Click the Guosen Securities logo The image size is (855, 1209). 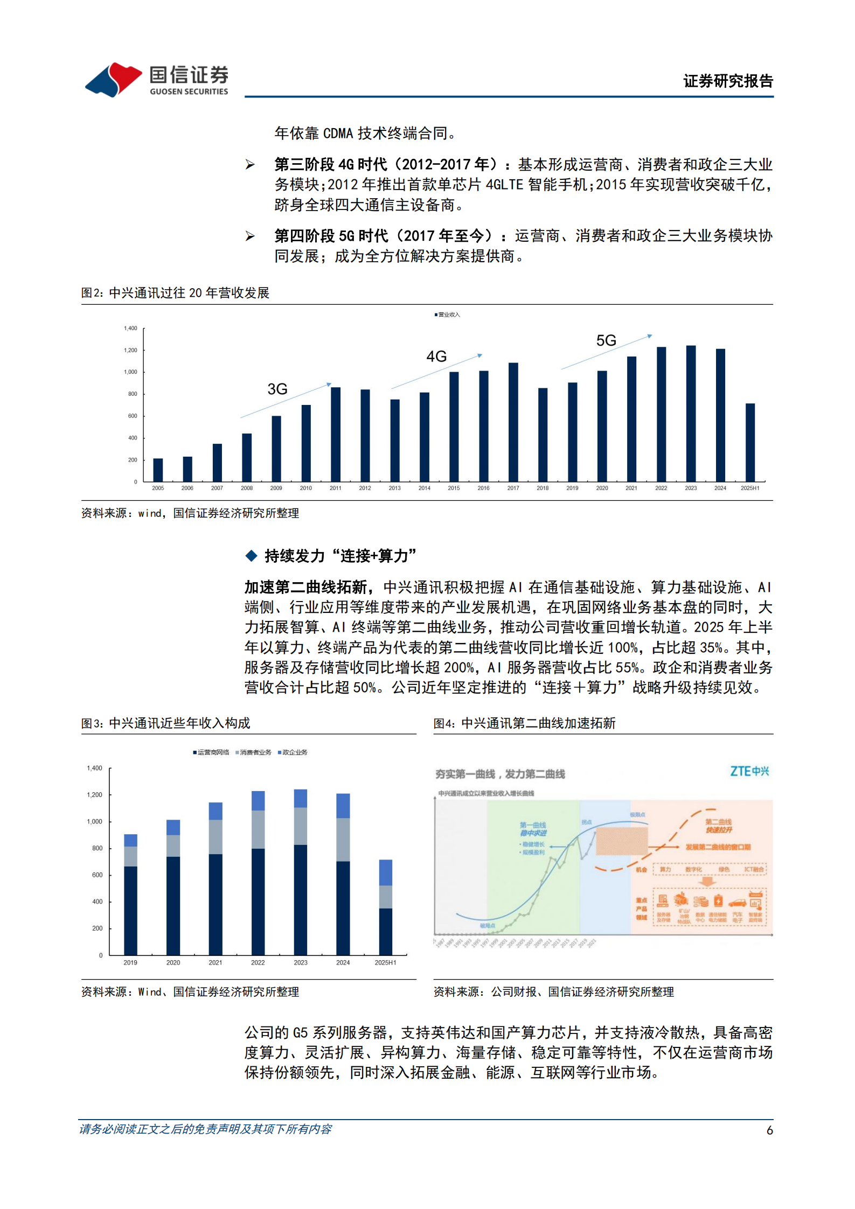(156, 80)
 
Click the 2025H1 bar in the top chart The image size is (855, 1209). (750, 442)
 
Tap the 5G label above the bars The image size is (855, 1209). (606, 340)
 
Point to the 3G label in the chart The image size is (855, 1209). (277, 389)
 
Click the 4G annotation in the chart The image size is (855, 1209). (436, 356)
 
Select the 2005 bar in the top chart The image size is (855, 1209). (158, 470)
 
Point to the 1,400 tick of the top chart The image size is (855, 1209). (130, 328)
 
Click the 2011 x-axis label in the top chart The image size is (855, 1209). (335, 488)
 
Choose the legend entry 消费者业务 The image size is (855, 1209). (254, 752)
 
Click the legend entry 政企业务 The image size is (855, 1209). (294, 752)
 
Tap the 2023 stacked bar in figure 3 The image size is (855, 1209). (301, 872)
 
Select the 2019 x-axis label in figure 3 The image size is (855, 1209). (130, 962)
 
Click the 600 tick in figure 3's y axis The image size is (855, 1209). (97, 875)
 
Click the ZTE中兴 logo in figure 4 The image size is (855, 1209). (749, 771)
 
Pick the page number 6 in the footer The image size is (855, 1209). (769, 1130)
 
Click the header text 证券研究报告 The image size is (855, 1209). (728, 81)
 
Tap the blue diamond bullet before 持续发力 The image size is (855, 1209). (251, 555)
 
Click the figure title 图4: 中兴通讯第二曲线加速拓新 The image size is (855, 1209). (524, 723)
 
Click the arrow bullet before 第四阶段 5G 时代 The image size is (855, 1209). (250, 236)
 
